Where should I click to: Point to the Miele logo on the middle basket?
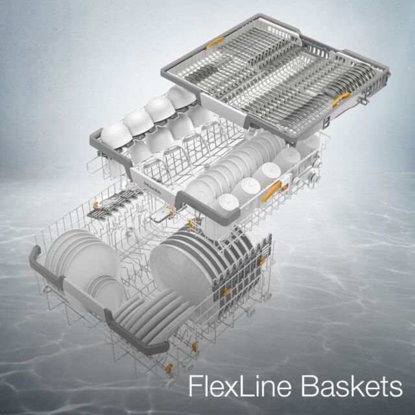(x=152, y=188)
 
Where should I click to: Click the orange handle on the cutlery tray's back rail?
(x=215, y=43)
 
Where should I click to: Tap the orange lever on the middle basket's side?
(x=271, y=191)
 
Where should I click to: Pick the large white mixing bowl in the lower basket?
(x=183, y=268)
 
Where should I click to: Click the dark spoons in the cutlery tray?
(x=201, y=71)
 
